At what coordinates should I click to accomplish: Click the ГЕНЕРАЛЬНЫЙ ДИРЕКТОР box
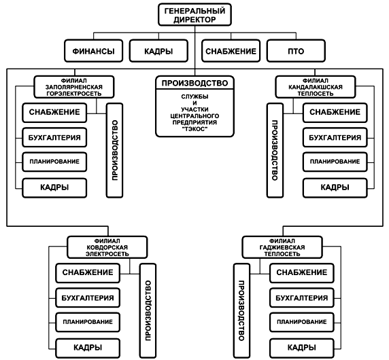pos(194,15)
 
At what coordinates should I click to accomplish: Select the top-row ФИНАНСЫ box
pos(94,51)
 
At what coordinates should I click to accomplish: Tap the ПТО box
pos(296,51)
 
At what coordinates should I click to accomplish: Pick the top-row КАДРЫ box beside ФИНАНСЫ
pos(158,51)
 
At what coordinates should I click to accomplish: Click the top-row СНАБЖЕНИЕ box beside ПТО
pos(231,51)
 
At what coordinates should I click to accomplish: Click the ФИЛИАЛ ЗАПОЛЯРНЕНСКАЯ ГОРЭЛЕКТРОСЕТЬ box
pos(74,87)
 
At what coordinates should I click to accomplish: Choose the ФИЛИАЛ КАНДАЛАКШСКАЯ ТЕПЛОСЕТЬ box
pos(316,87)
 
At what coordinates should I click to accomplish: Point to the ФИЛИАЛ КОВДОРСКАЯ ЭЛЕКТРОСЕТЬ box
pos(107,247)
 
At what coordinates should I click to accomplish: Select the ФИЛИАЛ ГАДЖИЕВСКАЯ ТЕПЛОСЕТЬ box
pos(282,247)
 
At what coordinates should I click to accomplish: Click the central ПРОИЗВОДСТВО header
pos(194,83)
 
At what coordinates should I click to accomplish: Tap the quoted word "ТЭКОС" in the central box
pos(194,129)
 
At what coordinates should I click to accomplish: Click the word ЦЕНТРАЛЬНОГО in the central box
pos(194,116)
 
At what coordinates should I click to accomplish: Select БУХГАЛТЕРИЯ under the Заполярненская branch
pos(54,137)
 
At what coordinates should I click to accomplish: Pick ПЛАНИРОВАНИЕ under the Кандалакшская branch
pos(335,162)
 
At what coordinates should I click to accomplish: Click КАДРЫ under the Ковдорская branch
pos(88,348)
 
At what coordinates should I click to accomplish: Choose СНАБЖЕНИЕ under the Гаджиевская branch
pos(302,272)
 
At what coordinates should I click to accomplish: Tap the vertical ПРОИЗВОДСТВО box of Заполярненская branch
pos(115,150)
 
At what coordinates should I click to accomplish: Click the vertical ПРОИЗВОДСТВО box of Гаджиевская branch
pos(241,310)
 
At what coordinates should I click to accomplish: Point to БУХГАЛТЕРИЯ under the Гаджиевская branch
pos(302,298)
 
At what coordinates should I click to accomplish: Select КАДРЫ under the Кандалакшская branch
pos(335,187)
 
